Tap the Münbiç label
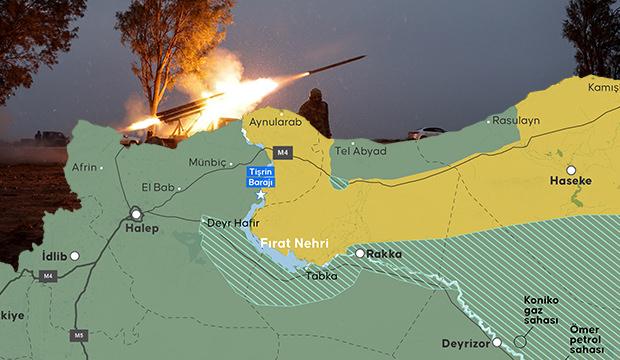[208, 160]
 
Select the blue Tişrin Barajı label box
[260, 175]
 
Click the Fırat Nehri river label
[296, 243]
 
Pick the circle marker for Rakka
[360, 254]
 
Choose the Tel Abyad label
[360, 151]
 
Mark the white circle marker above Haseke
[571, 170]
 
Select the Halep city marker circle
[135, 213]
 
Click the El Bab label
[158, 186]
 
